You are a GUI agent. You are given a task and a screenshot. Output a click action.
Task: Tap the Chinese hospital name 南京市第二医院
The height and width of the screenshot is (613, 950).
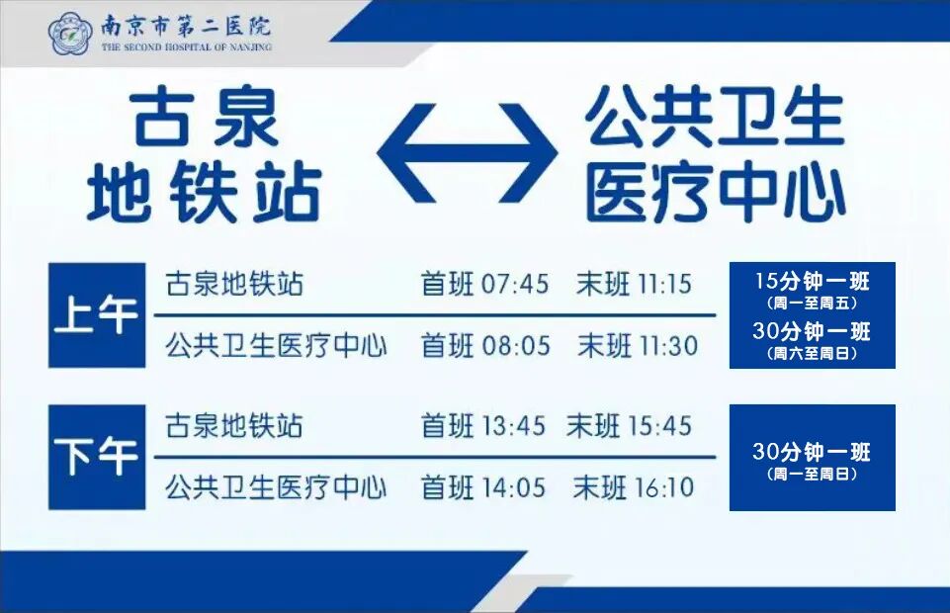185,26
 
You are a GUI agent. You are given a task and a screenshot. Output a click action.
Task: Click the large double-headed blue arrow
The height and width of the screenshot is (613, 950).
467,152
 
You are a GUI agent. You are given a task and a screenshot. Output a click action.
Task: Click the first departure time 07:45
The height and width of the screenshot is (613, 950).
515,285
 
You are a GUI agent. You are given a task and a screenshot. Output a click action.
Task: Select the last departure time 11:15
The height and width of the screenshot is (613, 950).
664,285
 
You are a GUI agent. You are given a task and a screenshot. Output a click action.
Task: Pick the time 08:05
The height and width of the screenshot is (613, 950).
515,346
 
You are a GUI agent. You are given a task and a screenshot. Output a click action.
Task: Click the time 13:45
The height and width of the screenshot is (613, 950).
513,426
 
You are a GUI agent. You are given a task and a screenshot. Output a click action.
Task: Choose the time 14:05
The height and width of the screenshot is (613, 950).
515,486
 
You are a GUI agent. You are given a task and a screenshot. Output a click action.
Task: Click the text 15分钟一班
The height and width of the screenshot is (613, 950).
812,281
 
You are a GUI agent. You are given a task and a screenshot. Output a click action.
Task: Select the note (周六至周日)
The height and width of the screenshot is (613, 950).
812,353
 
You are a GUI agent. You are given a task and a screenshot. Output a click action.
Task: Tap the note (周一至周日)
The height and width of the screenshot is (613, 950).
812,475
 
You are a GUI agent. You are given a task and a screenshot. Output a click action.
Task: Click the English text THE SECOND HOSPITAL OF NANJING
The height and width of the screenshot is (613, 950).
186,46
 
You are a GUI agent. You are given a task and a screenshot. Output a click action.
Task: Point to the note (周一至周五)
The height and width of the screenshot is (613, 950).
812,303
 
